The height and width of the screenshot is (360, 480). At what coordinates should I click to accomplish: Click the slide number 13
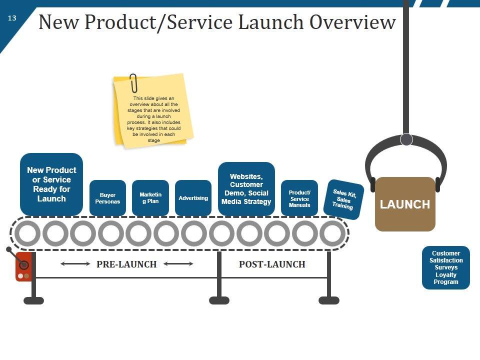coord(12,18)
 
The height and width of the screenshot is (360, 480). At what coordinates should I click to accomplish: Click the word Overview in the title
coord(352,22)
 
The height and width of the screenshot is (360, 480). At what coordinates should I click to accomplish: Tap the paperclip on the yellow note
coord(133,83)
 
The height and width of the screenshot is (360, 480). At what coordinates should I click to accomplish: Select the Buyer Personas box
coord(107,198)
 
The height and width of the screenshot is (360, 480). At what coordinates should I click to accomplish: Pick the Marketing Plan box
coord(150,198)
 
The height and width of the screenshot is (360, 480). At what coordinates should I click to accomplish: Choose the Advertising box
coord(193,198)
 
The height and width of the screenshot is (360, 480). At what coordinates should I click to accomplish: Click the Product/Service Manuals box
coord(299,198)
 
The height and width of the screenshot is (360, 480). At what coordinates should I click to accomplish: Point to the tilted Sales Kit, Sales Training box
coord(343,199)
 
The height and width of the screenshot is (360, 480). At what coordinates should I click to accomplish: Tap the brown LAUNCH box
coord(405,204)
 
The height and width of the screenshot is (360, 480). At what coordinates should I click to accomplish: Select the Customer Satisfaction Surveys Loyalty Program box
coord(445,267)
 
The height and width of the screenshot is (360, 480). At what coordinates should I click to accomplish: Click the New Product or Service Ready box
coord(51,184)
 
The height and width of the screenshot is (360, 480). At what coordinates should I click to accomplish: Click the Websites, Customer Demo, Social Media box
coord(246,189)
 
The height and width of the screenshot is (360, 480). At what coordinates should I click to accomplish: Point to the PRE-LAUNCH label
coord(126,264)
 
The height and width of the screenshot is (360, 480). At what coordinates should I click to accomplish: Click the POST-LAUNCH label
coord(272,264)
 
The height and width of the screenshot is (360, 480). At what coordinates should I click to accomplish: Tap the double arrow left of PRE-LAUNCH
coord(75,263)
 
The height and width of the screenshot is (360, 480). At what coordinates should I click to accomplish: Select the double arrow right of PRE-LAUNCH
coord(178,263)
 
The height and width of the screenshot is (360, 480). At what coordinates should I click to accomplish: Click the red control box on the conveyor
coord(23,266)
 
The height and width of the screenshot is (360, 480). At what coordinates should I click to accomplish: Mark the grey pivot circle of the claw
coord(406,139)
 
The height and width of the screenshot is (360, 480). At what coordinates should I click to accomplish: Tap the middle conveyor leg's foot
coord(219,300)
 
